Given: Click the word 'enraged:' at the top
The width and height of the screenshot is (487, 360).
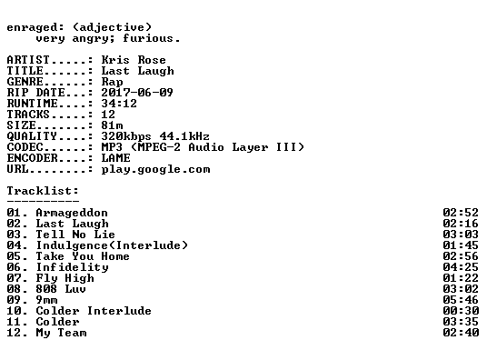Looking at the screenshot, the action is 35,27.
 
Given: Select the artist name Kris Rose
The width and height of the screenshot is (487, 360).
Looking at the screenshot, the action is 134,60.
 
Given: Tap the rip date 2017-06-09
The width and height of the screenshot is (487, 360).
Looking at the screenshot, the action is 137,93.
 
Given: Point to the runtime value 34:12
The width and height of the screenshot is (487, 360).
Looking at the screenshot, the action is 119,104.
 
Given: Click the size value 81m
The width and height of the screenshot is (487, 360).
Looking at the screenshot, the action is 112,125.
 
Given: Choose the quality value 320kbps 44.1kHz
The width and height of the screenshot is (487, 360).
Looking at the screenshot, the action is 155,136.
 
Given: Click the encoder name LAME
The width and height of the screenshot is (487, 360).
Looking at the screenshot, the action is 115,158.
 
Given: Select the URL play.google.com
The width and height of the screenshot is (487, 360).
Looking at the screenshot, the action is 155,169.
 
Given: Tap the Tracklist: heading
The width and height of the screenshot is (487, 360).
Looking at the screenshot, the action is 43,191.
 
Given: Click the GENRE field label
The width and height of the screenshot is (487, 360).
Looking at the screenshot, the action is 25,82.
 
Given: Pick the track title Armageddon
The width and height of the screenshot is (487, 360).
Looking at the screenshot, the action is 72,213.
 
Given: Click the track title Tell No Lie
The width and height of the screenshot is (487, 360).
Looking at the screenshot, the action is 75,235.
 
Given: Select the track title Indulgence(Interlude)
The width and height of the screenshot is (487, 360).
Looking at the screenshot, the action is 112,245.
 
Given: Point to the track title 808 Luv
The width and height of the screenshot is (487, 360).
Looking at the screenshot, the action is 61,289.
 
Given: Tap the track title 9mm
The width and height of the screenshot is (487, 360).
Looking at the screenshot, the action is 46,300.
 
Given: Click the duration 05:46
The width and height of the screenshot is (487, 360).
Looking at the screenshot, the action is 461,300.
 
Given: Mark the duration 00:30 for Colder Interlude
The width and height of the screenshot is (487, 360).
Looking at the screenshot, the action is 461,311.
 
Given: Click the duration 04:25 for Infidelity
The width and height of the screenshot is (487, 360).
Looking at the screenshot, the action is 461,267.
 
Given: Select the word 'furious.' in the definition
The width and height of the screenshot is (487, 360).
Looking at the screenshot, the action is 151,38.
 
